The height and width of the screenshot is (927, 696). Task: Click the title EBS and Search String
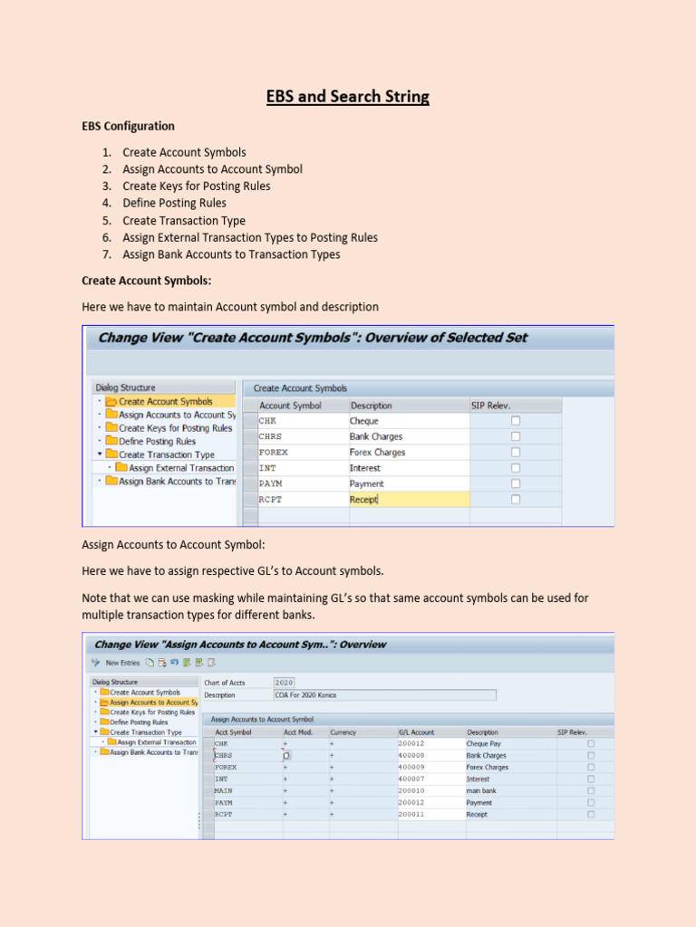[348, 96]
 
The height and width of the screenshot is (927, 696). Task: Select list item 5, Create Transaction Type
[184, 221]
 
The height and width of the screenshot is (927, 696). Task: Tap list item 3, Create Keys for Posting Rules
[197, 186]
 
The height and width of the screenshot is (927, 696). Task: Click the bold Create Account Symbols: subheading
[147, 282]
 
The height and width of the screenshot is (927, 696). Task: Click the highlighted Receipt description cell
[408, 500]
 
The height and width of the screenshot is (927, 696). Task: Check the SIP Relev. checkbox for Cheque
[516, 421]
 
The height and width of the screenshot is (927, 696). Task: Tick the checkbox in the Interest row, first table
[516, 468]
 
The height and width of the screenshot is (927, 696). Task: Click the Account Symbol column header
[290, 406]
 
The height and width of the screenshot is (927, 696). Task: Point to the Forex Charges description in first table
[378, 453]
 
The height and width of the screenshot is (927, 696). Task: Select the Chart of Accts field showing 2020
[284, 683]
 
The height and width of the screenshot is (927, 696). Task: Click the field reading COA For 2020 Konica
[384, 695]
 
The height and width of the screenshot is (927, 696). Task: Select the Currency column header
[343, 731]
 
